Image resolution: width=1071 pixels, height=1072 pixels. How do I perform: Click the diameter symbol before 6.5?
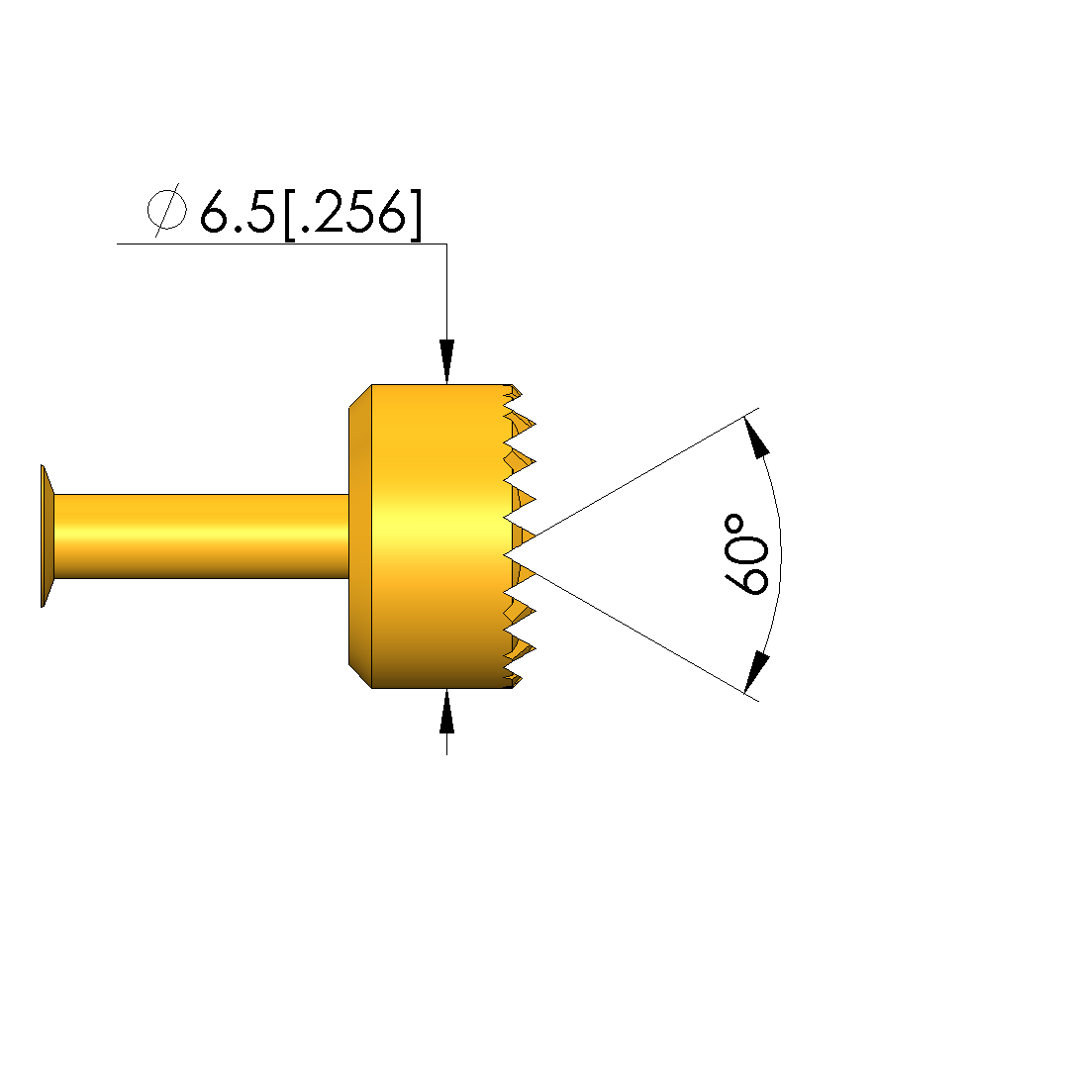click(166, 210)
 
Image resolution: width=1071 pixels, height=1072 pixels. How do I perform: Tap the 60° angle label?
click(746, 554)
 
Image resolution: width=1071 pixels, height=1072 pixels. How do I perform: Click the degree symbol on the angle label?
click(734, 525)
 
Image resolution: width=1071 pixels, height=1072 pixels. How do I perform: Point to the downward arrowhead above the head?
click(446, 361)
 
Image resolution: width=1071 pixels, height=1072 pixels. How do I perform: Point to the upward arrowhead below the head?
click(446, 711)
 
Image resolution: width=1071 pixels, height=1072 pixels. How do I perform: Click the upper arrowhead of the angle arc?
click(756, 438)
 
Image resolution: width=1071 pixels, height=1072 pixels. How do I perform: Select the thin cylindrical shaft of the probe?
click(201, 536)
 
